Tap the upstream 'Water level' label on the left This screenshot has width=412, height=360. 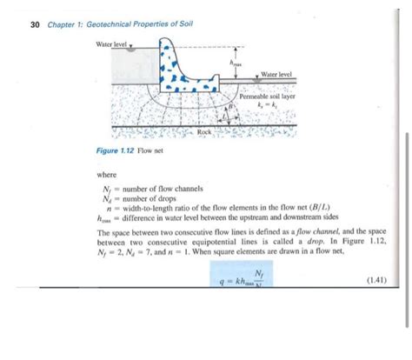point(110,43)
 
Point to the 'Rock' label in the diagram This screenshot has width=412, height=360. point(205,130)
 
